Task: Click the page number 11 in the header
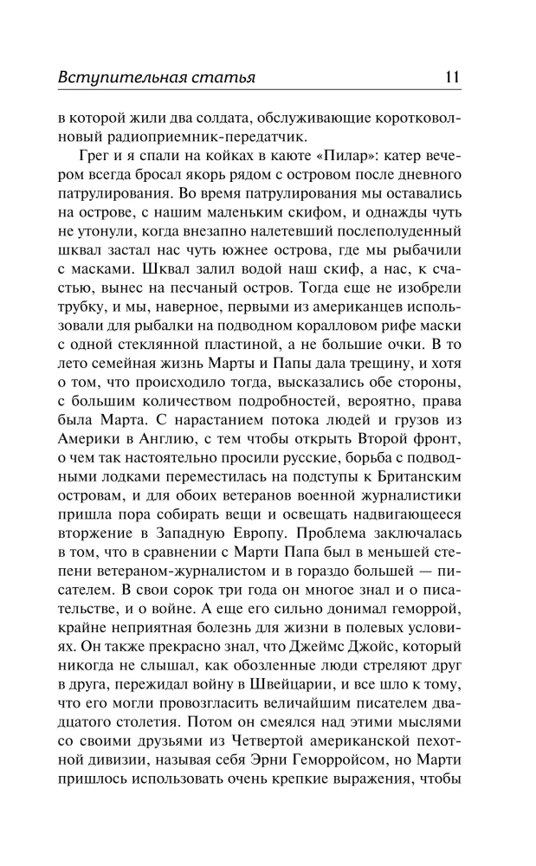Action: (452, 76)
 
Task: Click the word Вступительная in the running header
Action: (120, 76)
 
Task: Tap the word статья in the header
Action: (223, 76)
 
